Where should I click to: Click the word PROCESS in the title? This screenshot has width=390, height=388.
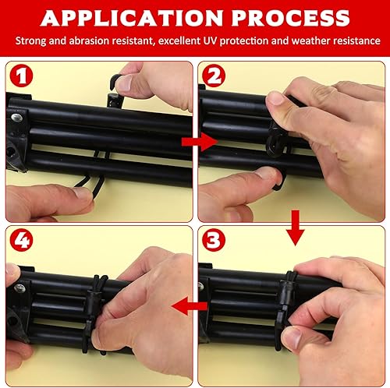290,18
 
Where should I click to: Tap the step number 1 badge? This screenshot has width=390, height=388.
21,76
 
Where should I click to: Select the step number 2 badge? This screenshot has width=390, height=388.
214,76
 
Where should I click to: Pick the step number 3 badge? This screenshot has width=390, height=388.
214,240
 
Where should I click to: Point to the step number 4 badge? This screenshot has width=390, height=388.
21,240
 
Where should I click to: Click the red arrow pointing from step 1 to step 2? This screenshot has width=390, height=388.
200,142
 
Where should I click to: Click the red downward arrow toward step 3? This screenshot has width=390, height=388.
295,228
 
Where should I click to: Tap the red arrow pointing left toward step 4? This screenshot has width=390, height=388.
190,306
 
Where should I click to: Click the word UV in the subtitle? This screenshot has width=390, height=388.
210,41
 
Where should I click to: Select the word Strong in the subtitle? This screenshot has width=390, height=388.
30,41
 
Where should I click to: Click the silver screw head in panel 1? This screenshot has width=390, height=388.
16,118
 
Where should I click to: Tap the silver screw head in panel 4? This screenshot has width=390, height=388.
20,288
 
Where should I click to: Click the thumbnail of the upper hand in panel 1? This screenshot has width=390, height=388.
124,83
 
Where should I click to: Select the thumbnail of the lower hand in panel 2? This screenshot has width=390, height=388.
268,174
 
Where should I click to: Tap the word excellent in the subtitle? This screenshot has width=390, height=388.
179,41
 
